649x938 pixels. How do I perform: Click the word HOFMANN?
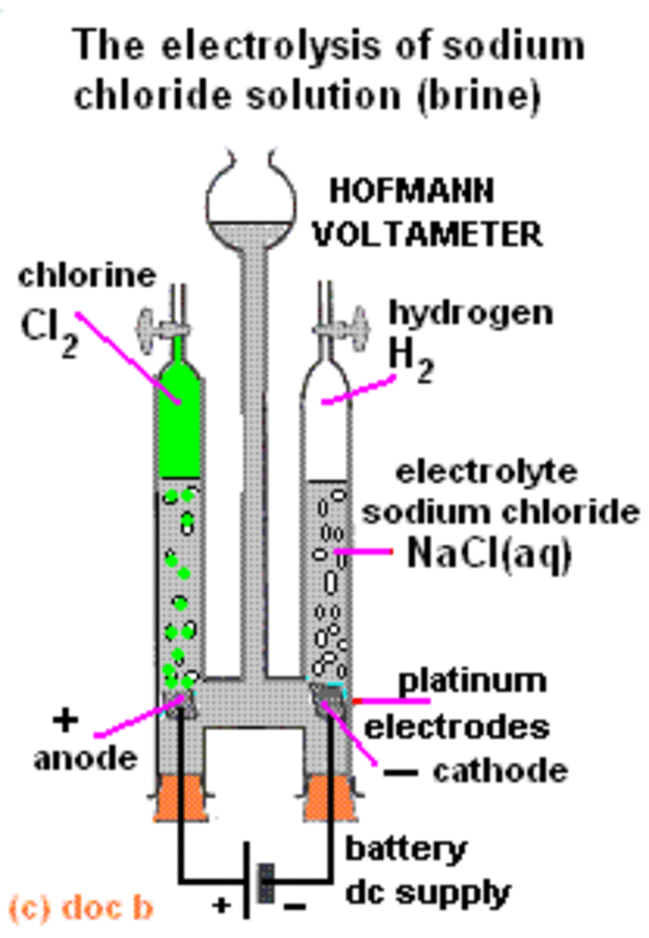click(411, 191)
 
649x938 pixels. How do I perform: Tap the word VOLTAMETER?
click(428, 234)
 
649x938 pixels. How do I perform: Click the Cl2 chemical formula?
click(49, 333)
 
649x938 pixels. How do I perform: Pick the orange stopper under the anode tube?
click(178, 799)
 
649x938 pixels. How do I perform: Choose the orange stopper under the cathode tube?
click(330, 799)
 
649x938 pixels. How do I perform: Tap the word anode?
click(86, 758)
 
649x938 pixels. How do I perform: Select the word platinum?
click(472, 681)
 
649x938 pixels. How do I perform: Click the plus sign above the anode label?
click(64, 720)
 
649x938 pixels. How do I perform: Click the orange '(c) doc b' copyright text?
click(82, 908)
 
